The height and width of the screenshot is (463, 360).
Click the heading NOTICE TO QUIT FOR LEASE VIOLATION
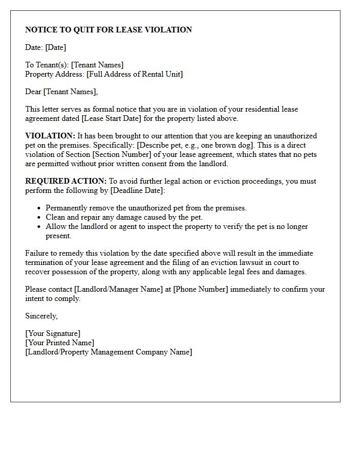[109, 30]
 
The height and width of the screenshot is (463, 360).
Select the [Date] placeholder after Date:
[56, 47]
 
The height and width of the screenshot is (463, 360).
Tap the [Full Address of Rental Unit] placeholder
[135, 74]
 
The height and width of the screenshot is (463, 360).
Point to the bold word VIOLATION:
[50, 136]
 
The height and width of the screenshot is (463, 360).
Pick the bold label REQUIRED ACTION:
[66, 181]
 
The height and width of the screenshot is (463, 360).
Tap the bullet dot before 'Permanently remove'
[39, 208]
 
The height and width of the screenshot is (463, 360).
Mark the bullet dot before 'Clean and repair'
[39, 218]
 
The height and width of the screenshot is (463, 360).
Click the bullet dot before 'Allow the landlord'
[39, 227]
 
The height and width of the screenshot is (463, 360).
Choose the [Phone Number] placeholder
[201, 289]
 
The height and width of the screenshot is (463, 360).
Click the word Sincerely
[41, 316]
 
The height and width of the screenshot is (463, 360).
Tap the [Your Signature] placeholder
[52, 333]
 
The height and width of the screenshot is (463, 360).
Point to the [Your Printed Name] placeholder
[60, 343]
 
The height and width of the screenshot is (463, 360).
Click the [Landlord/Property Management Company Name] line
[109, 352]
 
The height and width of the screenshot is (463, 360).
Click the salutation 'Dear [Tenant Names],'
[61, 92]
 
